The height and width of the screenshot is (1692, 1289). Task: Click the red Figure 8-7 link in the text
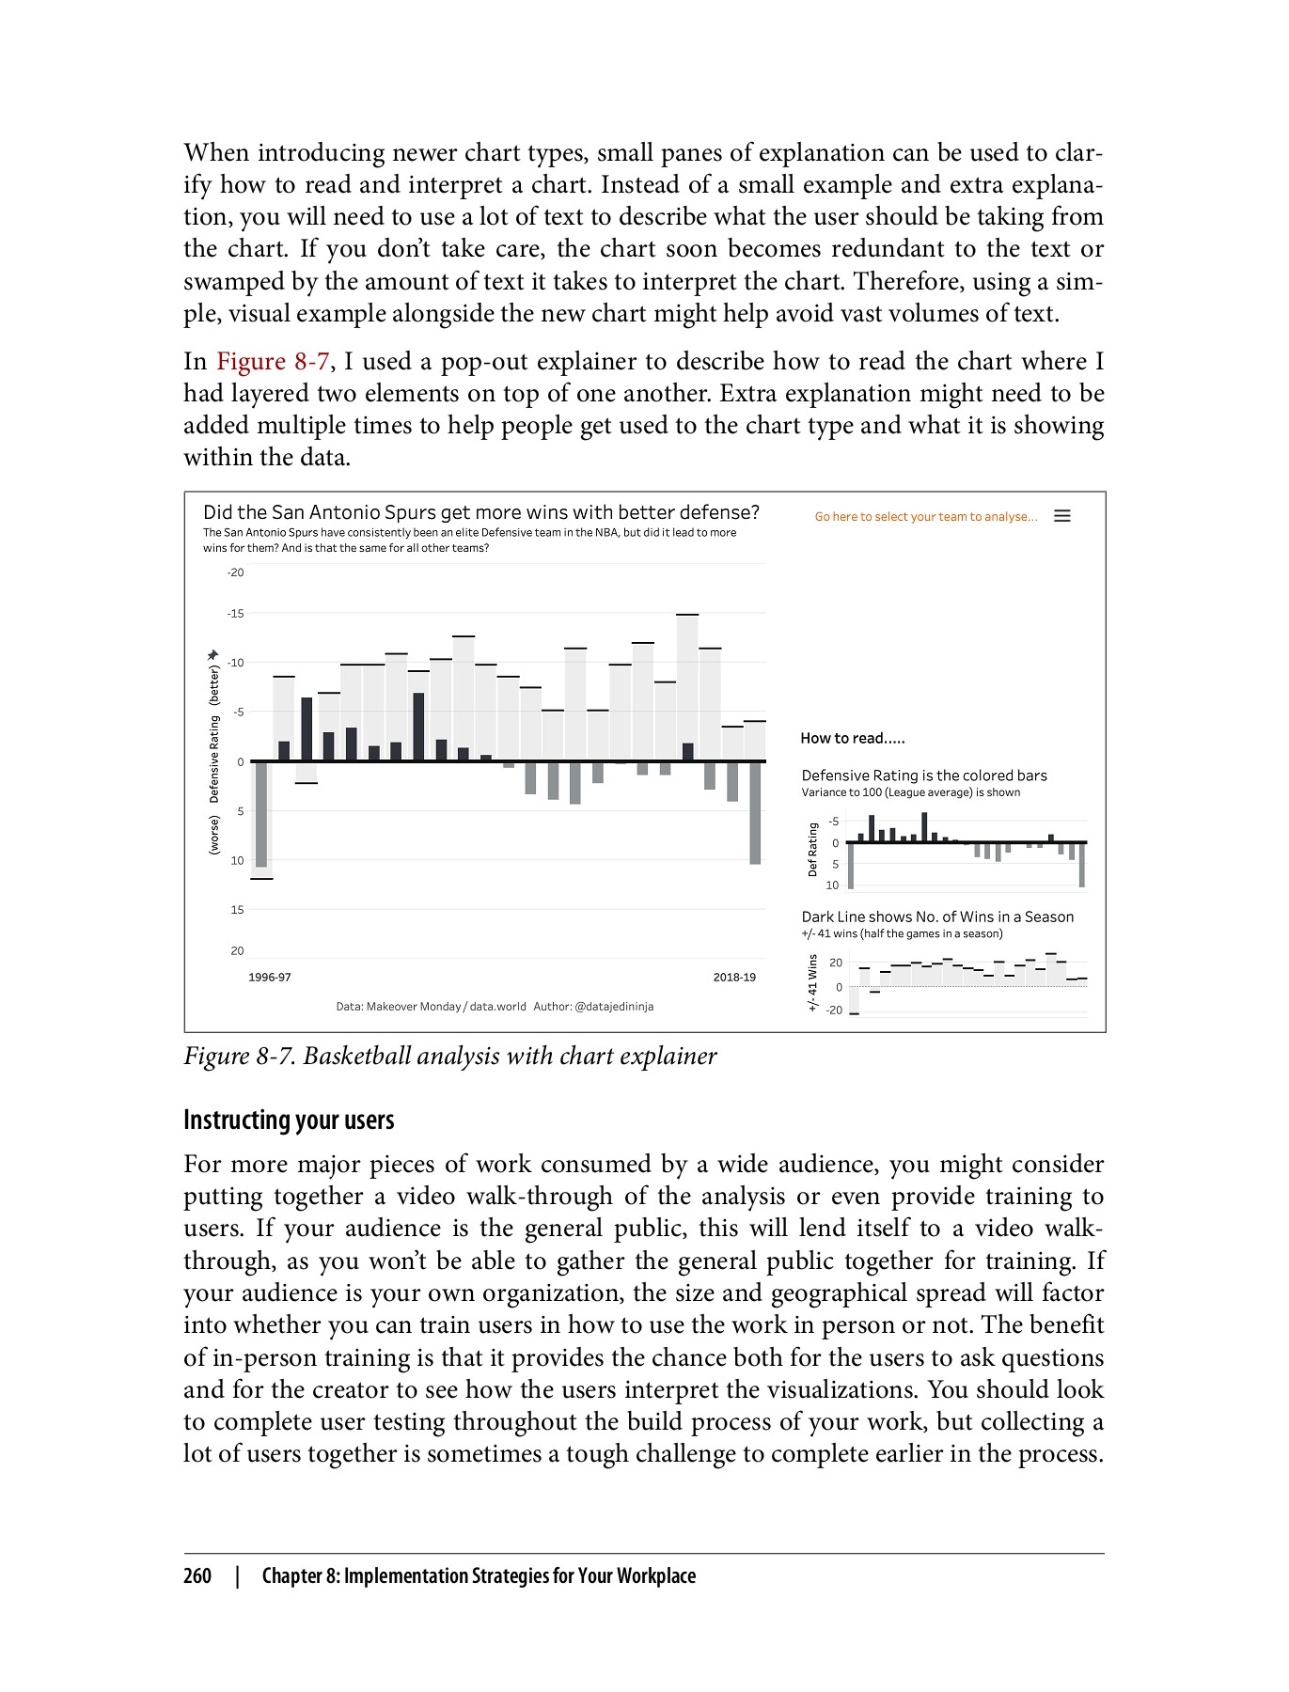point(273,362)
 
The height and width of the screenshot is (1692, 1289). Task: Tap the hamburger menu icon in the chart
point(1062,516)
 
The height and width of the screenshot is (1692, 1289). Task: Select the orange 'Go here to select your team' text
point(926,517)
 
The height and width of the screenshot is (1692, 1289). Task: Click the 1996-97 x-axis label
point(270,978)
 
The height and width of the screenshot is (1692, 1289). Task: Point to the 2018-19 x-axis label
point(734,978)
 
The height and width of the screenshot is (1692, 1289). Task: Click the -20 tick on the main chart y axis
point(235,572)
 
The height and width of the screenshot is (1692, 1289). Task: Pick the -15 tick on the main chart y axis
point(235,614)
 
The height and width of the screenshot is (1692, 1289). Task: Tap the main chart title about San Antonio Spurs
point(480,512)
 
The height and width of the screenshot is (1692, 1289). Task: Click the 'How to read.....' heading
point(852,739)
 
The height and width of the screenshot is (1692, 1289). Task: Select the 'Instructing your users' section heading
point(289,1120)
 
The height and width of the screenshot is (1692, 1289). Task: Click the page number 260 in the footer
point(197,1576)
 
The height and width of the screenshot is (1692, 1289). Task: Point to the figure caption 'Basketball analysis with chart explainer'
point(449,1057)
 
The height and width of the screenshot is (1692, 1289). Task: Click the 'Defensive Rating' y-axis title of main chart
point(214,759)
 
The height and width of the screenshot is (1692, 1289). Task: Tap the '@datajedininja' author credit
point(614,1007)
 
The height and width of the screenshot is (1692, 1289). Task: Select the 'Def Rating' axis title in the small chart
point(813,850)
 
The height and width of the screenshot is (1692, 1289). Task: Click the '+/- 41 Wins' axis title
point(813,983)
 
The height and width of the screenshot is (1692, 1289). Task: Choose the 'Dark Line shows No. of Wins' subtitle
point(936,917)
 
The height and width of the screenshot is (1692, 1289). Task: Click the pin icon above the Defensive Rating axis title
point(213,654)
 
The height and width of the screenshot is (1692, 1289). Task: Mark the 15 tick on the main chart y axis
point(237,910)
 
